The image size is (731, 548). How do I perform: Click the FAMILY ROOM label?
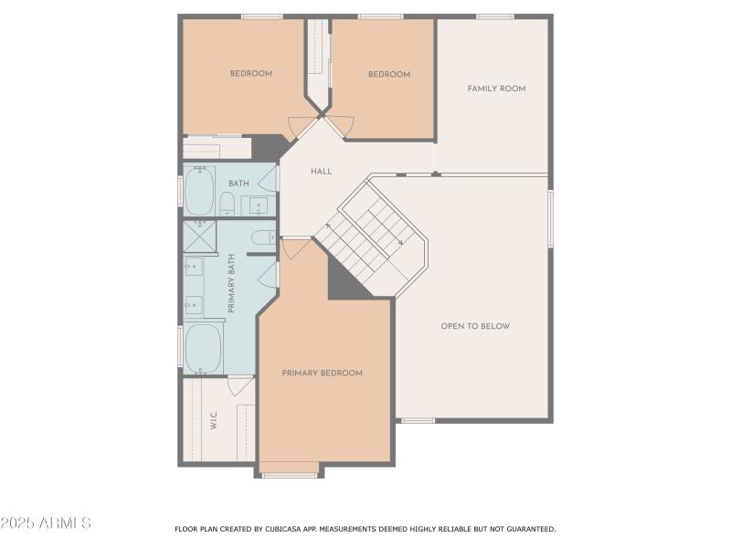coord(496,89)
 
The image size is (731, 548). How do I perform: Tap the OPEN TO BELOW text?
coord(475,326)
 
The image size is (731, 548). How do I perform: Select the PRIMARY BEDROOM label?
coord(322,373)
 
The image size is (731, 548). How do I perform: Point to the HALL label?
coord(321,171)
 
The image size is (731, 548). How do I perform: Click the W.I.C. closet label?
coord(213,421)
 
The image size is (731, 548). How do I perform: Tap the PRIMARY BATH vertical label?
coord(231,283)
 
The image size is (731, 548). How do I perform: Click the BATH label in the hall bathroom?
coord(238,184)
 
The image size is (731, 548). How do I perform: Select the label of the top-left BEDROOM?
coord(250,74)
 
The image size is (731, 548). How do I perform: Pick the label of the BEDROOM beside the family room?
coord(389,74)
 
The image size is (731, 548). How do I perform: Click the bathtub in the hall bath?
coord(199,191)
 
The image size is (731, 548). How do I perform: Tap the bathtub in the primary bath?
coord(203,348)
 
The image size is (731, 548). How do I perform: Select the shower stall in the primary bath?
coord(197,236)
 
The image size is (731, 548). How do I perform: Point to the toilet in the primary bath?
coord(263,238)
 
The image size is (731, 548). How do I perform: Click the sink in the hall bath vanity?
coord(259,205)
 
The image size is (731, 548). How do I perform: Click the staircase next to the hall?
coord(370,237)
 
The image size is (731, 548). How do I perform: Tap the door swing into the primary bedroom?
coord(294,248)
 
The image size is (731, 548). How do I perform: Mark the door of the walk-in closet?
coord(241,385)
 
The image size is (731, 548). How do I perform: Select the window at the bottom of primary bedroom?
coord(290,475)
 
